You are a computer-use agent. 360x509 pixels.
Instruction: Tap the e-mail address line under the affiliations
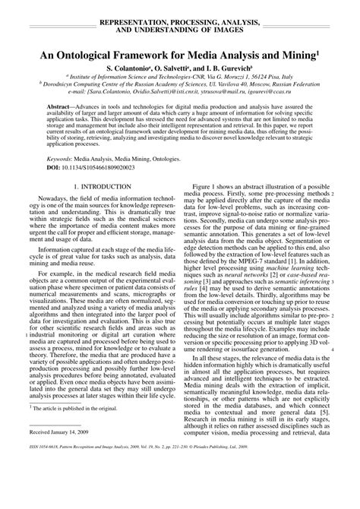(179, 93)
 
